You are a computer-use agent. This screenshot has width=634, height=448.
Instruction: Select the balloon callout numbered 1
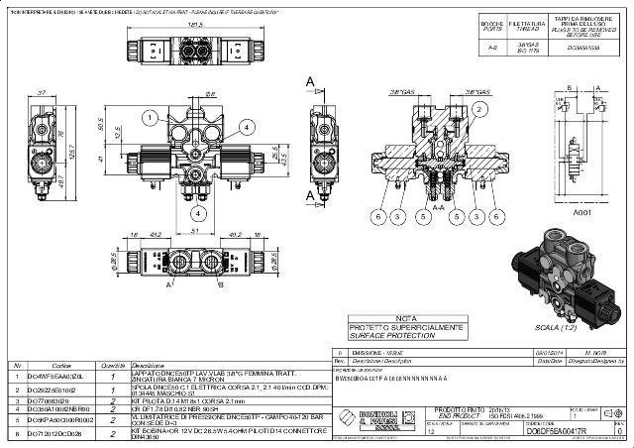145,117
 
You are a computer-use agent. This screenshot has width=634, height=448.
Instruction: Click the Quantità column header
113,365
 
